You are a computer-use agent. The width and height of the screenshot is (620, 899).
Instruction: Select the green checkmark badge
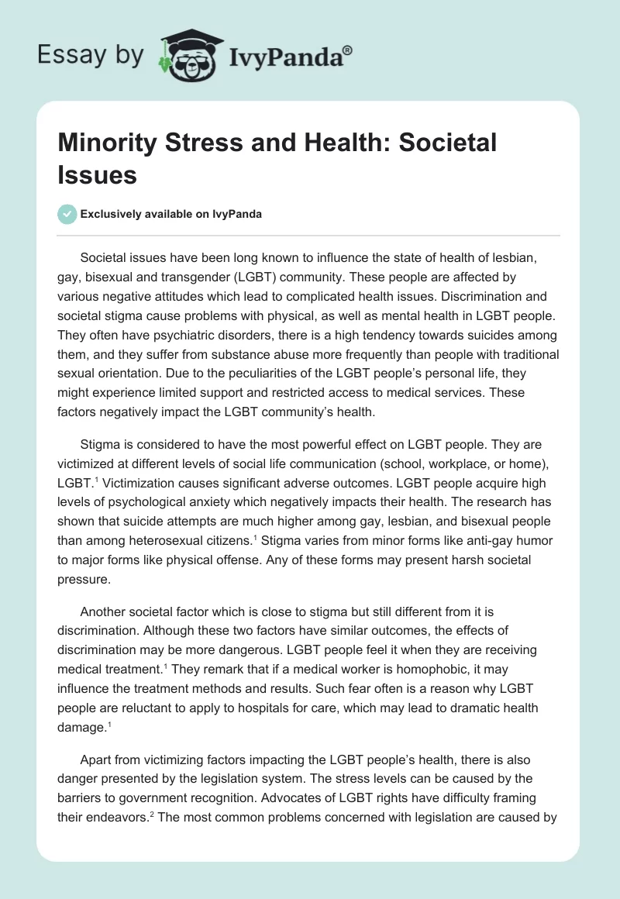pyautogui.click(x=67, y=214)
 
